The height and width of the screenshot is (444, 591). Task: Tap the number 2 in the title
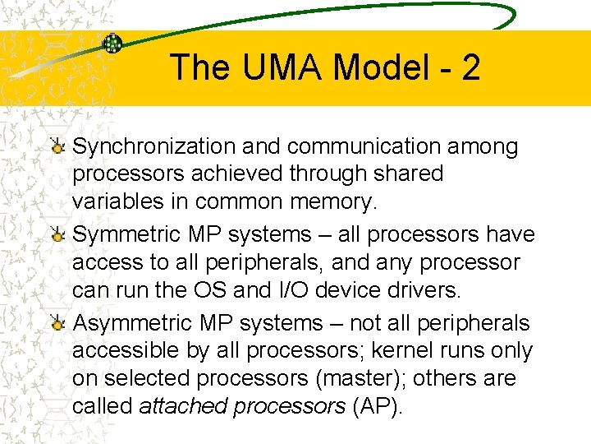pyautogui.click(x=470, y=67)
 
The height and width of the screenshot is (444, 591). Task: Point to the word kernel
pyautogui.click(x=398, y=350)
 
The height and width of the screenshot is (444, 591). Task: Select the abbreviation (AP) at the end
pyautogui.click(x=378, y=406)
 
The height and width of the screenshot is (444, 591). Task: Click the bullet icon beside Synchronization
pyautogui.click(x=57, y=146)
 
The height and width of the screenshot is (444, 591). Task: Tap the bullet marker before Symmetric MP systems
pyautogui.click(x=57, y=235)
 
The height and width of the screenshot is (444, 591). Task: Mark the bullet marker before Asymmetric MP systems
pyautogui.click(x=57, y=324)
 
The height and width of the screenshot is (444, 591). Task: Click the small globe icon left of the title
pyautogui.click(x=112, y=44)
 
